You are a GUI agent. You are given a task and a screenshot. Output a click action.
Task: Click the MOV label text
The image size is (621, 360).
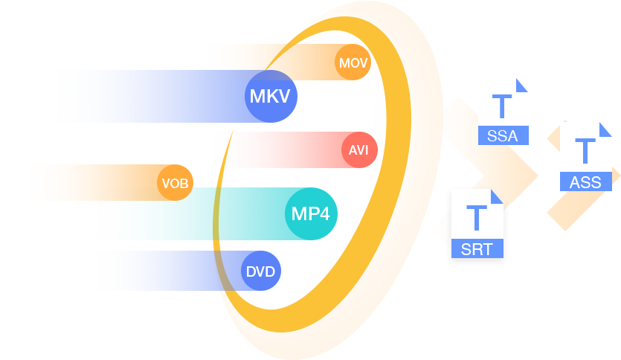pos(353,63)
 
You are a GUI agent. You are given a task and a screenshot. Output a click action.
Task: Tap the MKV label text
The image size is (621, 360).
pos(269,97)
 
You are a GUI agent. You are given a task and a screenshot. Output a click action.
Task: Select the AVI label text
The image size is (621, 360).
pos(358,150)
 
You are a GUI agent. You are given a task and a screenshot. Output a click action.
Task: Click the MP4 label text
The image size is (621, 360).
pos(310,214)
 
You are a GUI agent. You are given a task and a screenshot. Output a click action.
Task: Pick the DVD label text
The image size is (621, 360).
pos(260,271)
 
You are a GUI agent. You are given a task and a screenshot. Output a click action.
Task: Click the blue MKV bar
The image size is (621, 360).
pos(149,97)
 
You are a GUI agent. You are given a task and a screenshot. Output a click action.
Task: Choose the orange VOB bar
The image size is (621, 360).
pos(89,182)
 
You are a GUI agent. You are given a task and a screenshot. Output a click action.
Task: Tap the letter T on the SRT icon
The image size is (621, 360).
pos(476,217)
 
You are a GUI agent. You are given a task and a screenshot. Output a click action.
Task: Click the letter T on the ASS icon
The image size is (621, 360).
pos(585,151)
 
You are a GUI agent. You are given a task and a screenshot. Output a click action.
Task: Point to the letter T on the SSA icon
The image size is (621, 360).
pos(503,106)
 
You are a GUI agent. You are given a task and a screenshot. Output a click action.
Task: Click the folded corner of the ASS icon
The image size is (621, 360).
pos(606,127)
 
